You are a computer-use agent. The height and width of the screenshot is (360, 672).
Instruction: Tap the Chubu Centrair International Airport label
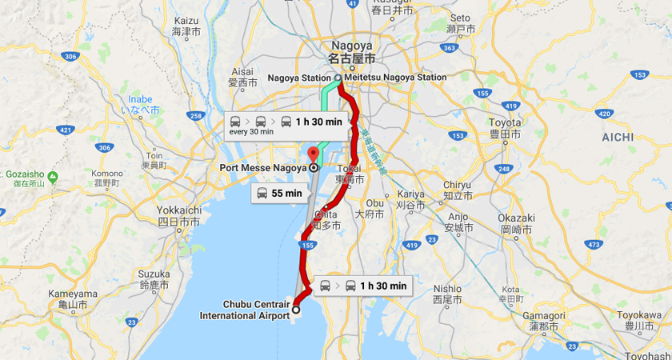click(244, 310)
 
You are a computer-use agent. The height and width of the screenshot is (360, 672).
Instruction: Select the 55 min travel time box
click(279, 193)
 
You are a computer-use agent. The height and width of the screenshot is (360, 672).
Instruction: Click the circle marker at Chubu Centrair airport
click(296, 310)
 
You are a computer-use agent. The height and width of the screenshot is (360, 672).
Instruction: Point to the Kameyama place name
click(73, 294)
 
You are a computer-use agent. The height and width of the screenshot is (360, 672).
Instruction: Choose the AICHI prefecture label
click(617, 137)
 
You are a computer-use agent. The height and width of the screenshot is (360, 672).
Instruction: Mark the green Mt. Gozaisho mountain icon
click(53, 176)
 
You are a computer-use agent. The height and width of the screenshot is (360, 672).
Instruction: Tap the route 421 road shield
click(66, 129)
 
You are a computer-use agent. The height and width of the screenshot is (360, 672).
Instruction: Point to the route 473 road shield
click(593, 243)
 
